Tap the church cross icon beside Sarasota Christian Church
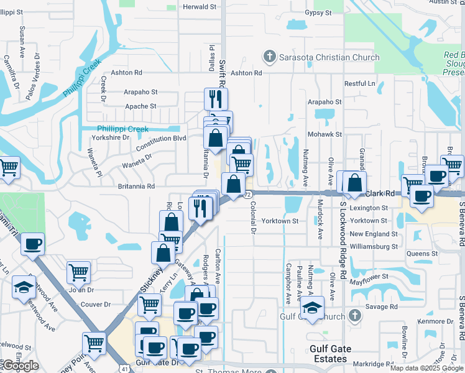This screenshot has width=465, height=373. (x=270, y=58)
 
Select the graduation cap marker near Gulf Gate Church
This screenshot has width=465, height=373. (x=312, y=308)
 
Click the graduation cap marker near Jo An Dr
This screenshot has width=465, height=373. (x=24, y=288)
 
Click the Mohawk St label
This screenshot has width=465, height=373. (x=326, y=134)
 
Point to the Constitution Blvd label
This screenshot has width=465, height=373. (x=161, y=138)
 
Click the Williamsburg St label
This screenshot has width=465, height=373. (x=373, y=246)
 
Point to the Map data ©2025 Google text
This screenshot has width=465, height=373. (x=426, y=368)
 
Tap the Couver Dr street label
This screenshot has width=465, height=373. (x=95, y=305)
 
